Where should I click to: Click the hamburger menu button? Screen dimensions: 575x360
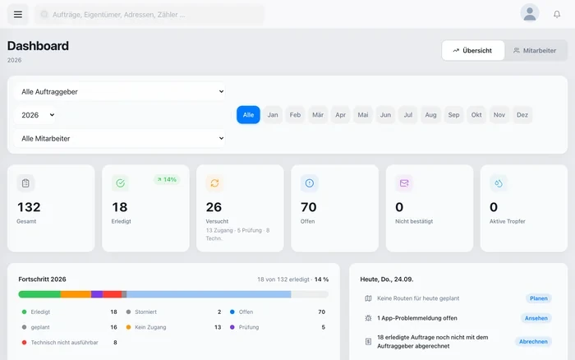tap(17, 14)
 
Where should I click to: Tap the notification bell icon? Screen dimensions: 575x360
tap(557, 14)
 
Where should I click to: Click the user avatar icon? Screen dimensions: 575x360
tap(530, 13)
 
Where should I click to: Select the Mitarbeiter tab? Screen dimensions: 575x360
tap(535, 51)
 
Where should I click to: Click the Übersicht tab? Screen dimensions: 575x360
tap(472, 51)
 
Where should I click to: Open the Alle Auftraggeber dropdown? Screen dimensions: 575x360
tap(120, 92)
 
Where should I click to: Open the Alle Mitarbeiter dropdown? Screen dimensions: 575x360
tap(120, 138)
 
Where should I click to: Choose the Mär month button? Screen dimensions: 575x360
tap(318, 115)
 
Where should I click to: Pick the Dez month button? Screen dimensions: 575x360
tap(522, 115)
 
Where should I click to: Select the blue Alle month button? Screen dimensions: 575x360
tap(248, 115)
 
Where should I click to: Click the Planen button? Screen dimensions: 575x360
tap(538, 298)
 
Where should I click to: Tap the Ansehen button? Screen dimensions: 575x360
tap(536, 318)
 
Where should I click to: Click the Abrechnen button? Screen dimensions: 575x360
tap(533, 342)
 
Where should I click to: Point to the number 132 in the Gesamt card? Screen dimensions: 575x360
tap(29, 207)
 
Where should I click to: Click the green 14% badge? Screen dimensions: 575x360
tap(167, 179)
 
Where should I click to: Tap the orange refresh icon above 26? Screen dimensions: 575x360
tap(214, 182)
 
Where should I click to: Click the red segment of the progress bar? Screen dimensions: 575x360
tap(113, 294)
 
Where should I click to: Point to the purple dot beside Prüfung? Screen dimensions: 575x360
tap(232, 327)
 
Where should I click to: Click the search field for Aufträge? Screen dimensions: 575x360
tap(149, 15)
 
